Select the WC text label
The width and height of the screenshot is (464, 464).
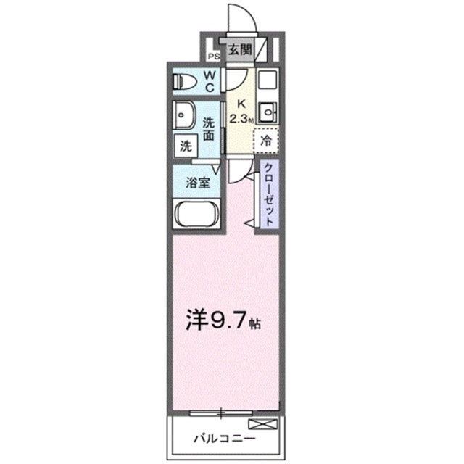[209, 80]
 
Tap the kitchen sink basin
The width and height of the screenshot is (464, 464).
[270, 112]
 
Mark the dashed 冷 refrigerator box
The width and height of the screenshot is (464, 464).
[266, 139]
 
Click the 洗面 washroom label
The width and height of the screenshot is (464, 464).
[209, 128]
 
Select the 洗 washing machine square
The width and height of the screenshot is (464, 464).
[186, 144]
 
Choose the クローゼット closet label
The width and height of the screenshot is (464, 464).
[268, 196]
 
